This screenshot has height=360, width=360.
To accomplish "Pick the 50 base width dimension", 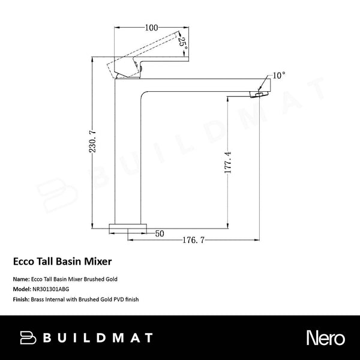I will [160, 233].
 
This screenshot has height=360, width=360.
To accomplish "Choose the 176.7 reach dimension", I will [194, 241].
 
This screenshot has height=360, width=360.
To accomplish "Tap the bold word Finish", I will [20, 298].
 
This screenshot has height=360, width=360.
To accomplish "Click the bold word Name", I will [20, 279].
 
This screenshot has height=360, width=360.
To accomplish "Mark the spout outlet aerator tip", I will [260, 93].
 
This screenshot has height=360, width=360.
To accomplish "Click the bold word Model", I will [21, 288].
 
